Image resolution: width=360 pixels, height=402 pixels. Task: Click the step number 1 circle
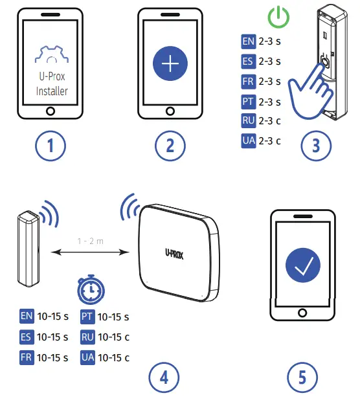click(51, 146)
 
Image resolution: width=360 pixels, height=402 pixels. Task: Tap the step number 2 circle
click(170, 146)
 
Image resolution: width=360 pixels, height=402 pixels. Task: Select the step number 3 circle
click(315, 146)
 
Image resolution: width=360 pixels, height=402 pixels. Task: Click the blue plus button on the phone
click(170, 63)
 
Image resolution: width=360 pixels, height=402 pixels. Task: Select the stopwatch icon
click(89, 291)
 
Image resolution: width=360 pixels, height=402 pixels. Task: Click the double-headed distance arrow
click(90, 252)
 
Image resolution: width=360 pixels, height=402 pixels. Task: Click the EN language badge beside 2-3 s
click(248, 42)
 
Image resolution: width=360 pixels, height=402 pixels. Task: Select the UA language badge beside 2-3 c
click(248, 140)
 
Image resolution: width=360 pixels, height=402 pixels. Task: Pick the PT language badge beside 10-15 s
click(87, 317)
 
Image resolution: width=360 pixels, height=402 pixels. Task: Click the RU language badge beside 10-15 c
click(87, 337)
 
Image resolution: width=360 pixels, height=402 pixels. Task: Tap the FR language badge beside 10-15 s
click(27, 357)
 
